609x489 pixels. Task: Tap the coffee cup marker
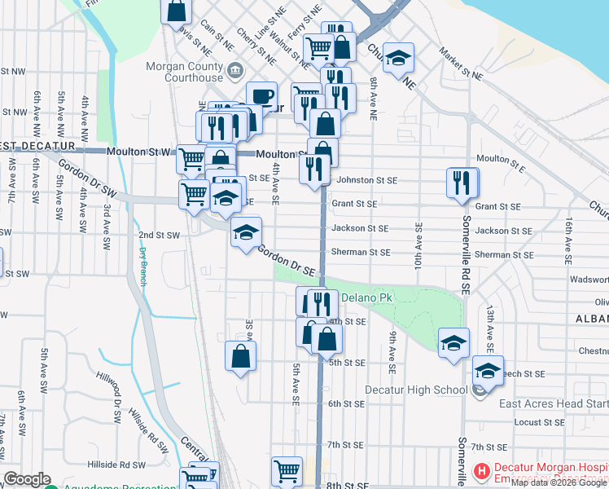click(x=261, y=97)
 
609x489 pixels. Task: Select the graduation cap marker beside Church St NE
click(x=399, y=59)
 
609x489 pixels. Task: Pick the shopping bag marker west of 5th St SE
click(x=241, y=356)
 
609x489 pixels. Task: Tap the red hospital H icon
click(x=481, y=470)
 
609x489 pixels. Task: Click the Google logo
click(x=28, y=479)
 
